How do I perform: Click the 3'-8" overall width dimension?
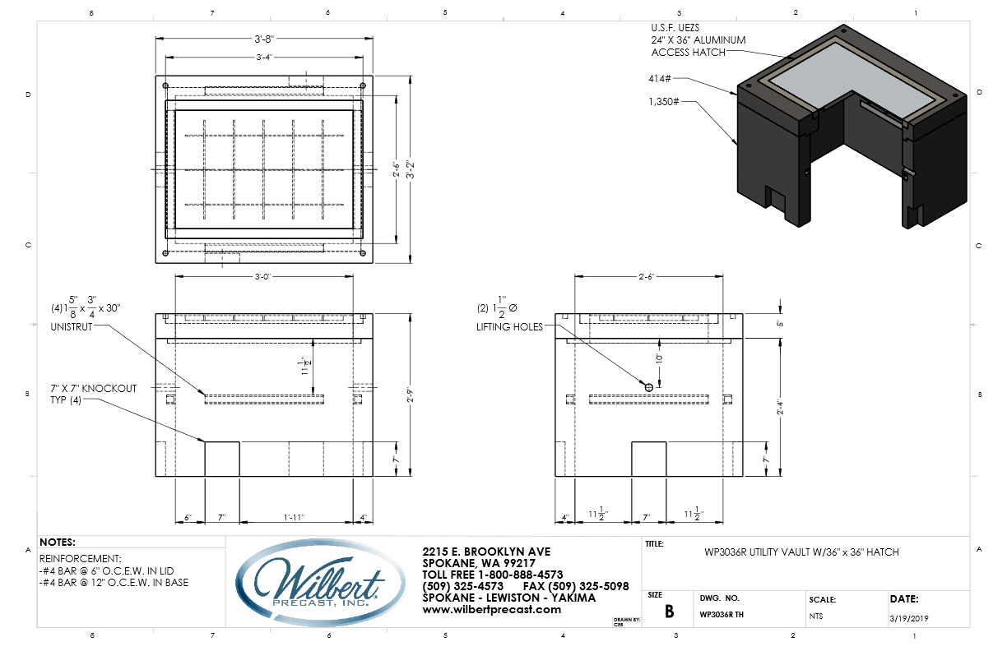pyautogui.click(x=263, y=39)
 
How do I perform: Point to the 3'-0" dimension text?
pyautogui.click(x=263, y=277)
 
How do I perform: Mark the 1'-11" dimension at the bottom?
pyautogui.click(x=295, y=517)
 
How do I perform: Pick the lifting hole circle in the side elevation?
pyautogui.click(x=648, y=386)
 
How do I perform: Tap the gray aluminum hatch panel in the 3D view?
pyautogui.click(x=856, y=78)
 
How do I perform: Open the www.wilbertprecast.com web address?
pyautogui.click(x=491, y=609)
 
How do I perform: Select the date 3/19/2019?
pyautogui.click(x=908, y=616)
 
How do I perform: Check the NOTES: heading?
pyautogui.click(x=57, y=542)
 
